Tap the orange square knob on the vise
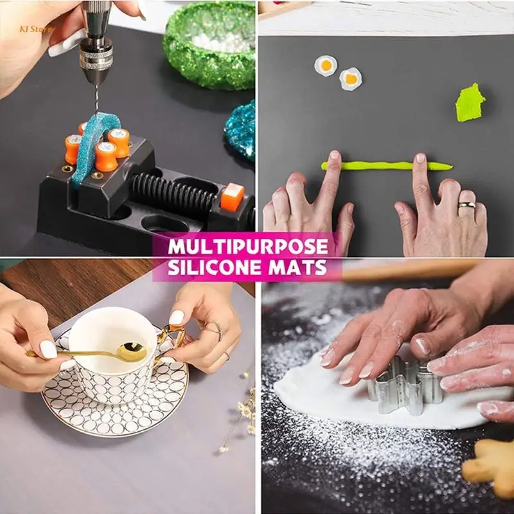232,196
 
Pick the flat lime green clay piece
470,103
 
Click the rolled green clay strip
386,166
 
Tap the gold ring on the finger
468,205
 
